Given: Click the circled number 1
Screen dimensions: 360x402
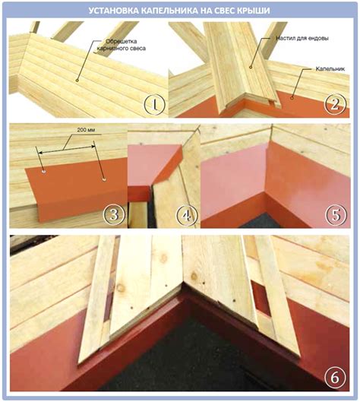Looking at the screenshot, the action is (x=155, y=105).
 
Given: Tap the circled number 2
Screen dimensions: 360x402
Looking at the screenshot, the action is (x=335, y=105).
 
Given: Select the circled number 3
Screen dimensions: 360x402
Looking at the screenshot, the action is (x=114, y=214).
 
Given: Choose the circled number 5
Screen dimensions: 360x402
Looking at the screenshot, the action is (x=336, y=215).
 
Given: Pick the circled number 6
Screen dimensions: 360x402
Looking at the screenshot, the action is (x=335, y=377).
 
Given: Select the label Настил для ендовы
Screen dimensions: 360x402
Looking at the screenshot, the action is (x=302, y=39).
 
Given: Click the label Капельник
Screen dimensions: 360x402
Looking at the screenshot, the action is (x=330, y=68).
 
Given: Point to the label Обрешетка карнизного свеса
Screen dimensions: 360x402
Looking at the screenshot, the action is (x=121, y=45).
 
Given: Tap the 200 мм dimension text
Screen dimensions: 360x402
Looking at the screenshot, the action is (x=86, y=130).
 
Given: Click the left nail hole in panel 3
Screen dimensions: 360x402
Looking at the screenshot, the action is (x=44, y=171).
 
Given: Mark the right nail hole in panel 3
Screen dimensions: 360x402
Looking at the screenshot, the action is (x=104, y=179).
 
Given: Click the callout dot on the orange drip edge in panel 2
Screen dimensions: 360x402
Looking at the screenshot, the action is (x=292, y=98).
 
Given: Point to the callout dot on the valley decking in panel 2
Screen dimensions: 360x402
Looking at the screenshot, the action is (x=251, y=67).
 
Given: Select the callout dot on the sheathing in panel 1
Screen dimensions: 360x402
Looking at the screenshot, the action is (x=77, y=81).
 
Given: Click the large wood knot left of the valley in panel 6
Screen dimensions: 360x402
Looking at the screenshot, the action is (x=120, y=288).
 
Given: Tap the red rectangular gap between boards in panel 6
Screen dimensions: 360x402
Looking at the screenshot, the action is (x=261, y=298).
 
